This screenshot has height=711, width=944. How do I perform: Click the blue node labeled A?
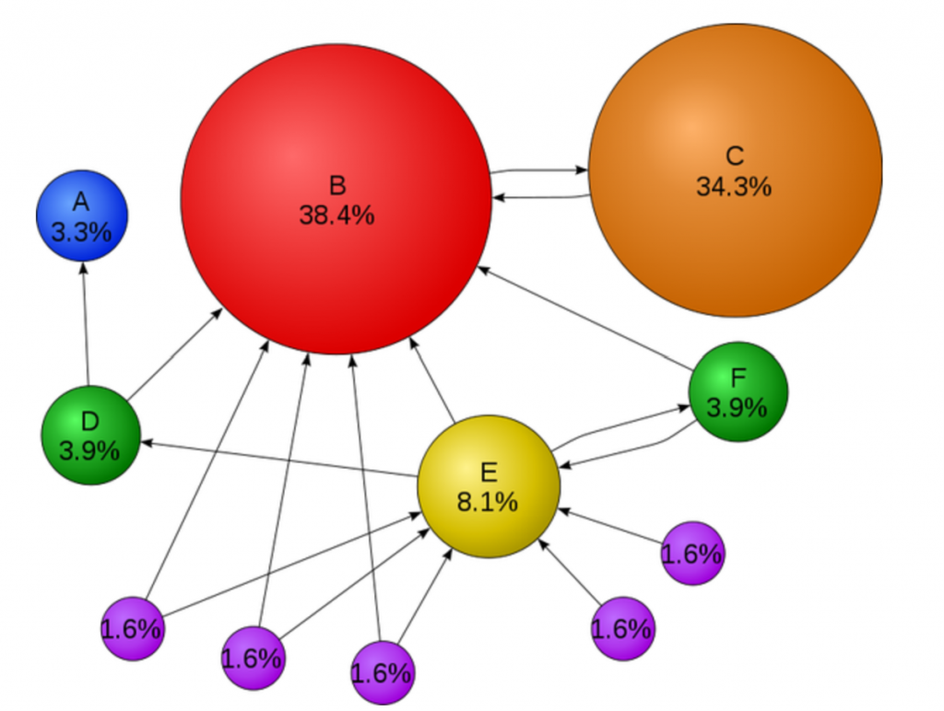82,216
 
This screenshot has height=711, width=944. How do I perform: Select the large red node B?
336,199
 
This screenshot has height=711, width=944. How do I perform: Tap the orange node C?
735,170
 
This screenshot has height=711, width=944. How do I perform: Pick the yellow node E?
489,486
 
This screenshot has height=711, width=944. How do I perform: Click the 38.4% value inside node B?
336,215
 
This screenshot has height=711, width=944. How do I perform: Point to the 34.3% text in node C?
734,186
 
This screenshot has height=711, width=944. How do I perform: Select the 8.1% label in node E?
487,502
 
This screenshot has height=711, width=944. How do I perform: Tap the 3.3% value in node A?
81,231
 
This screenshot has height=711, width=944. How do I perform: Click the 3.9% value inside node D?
89,450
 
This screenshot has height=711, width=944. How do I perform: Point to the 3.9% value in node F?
737,408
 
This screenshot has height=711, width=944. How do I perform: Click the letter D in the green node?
89,422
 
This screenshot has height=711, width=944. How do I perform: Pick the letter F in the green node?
737,379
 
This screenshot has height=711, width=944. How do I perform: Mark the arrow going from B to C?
539,170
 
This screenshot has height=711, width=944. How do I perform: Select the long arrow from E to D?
279,459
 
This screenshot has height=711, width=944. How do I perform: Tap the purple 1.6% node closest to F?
693,554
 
